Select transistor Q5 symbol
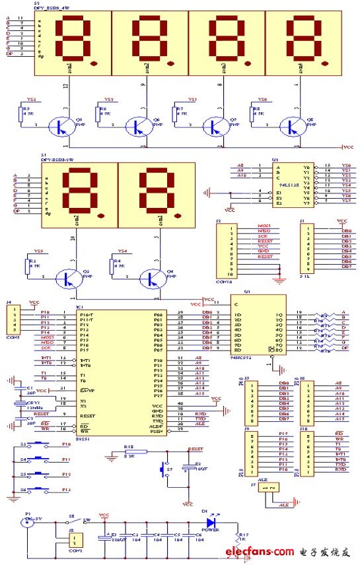point(65,127)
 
